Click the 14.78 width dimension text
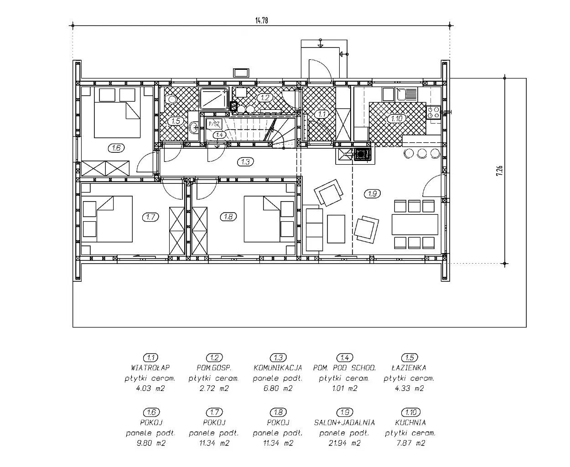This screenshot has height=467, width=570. point(262,21)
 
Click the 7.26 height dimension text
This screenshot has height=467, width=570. point(499,171)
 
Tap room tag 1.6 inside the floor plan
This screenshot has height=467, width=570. point(116,148)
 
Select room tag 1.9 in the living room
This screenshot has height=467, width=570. point(373,193)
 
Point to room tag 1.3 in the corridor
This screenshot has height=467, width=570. point(245,162)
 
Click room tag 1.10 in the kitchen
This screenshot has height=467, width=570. point(397,119)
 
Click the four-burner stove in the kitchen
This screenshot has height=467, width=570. point(433,113)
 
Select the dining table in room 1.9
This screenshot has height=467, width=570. point(415,224)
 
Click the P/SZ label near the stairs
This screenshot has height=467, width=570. point(214,125)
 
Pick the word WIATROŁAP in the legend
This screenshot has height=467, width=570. point(150,368)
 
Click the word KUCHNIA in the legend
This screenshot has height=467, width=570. point(410,422)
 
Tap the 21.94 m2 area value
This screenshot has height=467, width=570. point(344,443)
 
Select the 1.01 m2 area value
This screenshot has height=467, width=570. point(345,389)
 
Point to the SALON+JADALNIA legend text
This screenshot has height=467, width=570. point(344,422)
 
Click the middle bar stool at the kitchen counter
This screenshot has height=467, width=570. point(422,153)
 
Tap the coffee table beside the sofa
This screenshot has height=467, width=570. point(336,229)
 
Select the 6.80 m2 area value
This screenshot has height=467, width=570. point(278,389)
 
